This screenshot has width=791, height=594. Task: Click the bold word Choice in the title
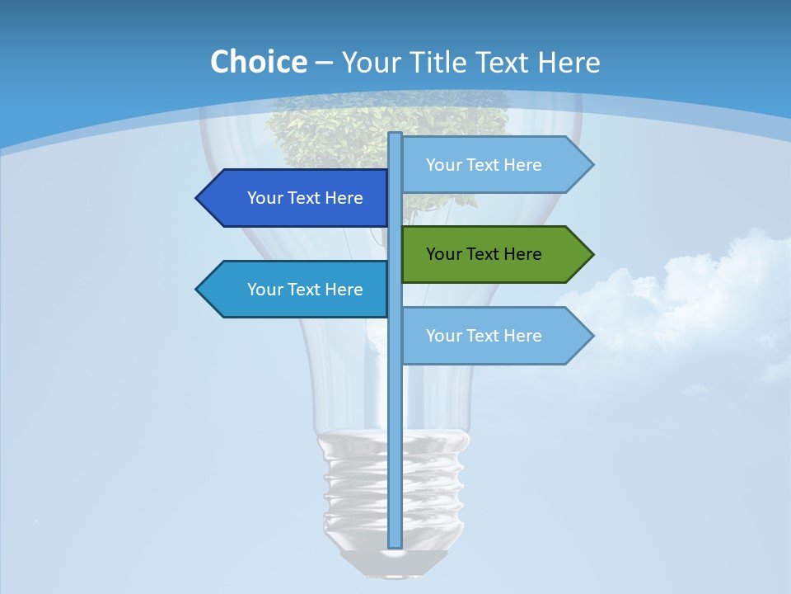coord(258,62)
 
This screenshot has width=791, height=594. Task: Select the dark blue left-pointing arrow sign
coord(297,198)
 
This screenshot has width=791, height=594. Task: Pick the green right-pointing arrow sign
coord(490,254)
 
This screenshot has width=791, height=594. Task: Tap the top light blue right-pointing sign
coord(490,165)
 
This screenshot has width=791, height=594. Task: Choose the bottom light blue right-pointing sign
coord(490,336)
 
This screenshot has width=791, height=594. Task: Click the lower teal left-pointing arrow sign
coord(297,290)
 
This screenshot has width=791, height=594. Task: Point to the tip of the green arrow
coord(592,254)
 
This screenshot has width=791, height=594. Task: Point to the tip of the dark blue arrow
coord(198,198)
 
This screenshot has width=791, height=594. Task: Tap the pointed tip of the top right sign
coord(592,165)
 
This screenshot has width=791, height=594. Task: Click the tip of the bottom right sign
coord(592,336)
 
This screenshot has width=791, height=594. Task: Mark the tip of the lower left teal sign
coord(198,290)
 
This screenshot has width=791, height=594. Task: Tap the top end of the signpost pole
coord(395,135)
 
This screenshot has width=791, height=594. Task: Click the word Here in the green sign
coord(522,254)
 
